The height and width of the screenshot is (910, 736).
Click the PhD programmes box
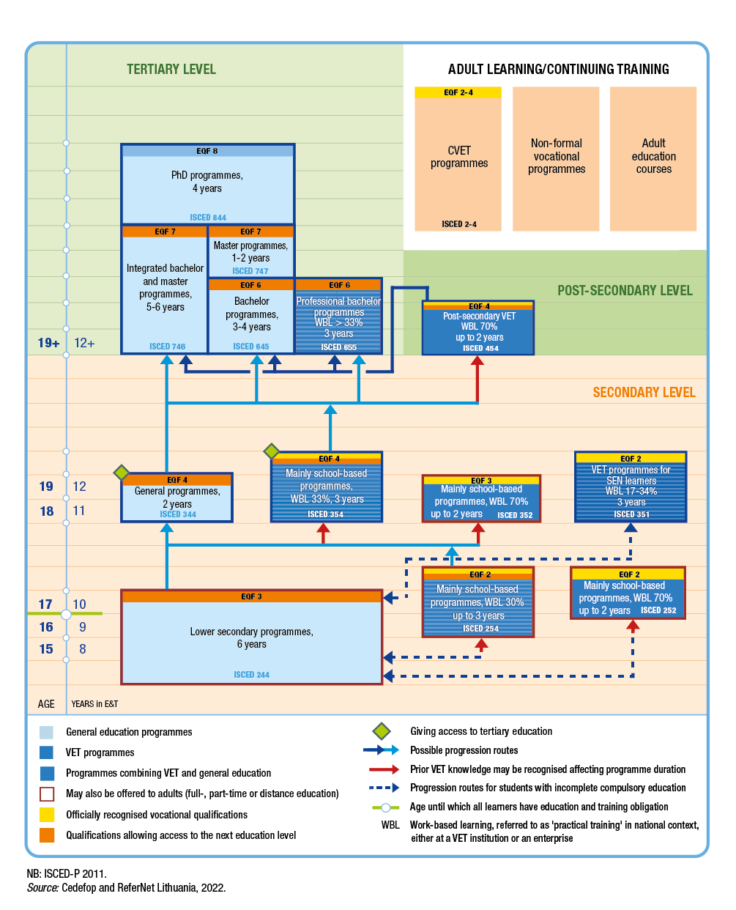[207, 183]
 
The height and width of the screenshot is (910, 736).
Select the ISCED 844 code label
[208, 218]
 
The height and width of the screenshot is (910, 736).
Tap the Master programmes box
[250, 252]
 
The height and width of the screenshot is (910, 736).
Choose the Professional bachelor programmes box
[338, 317]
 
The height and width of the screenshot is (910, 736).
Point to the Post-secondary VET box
[478, 328]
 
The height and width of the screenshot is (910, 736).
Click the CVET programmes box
[458, 158]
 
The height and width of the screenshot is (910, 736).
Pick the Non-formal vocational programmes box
[557, 157]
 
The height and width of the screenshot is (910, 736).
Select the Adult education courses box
[653, 157]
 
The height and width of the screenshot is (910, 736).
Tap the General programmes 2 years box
[177, 497]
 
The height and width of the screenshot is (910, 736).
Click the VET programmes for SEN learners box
[631, 487]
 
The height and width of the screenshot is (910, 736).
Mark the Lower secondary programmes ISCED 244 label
[251, 675]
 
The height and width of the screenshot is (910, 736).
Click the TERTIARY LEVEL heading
[171, 70]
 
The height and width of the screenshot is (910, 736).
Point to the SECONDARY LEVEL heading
[644, 393]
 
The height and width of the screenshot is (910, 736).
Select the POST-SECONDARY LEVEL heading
[625, 291]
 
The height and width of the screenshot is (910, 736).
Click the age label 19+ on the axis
[48, 343]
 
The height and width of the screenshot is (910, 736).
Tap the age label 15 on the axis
[46, 649]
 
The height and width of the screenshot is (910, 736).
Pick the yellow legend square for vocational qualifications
[47, 815]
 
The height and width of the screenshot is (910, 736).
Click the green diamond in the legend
[382, 731]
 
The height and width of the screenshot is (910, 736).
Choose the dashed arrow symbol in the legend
[384, 788]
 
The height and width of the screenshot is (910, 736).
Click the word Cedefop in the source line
[78, 888]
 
